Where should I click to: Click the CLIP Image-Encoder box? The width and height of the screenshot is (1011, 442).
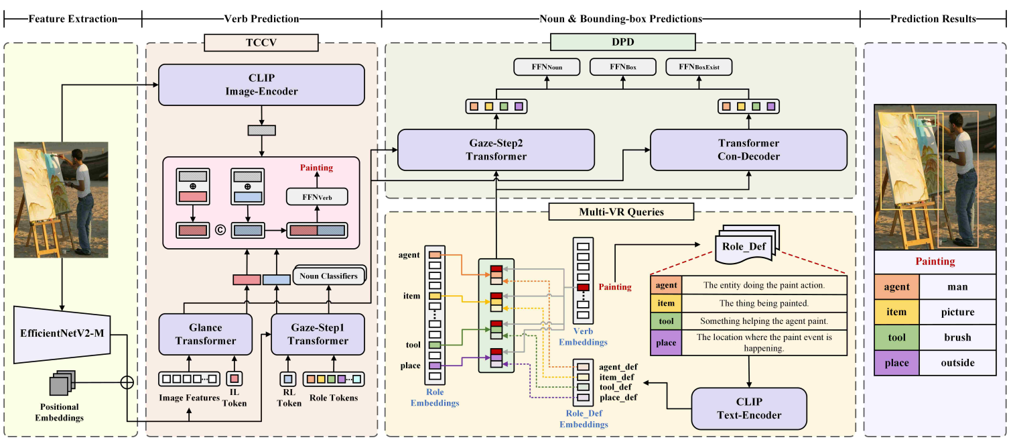[261, 85]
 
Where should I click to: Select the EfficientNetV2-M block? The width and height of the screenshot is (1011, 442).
[61, 333]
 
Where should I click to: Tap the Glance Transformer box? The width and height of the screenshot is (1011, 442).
[206, 333]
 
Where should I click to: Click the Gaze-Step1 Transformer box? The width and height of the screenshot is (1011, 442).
[318, 333]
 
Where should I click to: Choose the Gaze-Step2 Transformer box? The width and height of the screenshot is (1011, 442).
[496, 150]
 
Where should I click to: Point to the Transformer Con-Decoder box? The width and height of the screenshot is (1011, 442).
[748, 150]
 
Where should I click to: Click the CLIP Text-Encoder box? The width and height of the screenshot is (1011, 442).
[749, 408]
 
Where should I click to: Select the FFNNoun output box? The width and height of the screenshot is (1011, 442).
[546, 67]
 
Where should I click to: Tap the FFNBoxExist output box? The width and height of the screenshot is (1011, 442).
[699, 67]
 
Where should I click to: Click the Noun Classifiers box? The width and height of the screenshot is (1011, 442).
[329, 275]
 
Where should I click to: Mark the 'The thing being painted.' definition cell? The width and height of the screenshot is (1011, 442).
[764, 303]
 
